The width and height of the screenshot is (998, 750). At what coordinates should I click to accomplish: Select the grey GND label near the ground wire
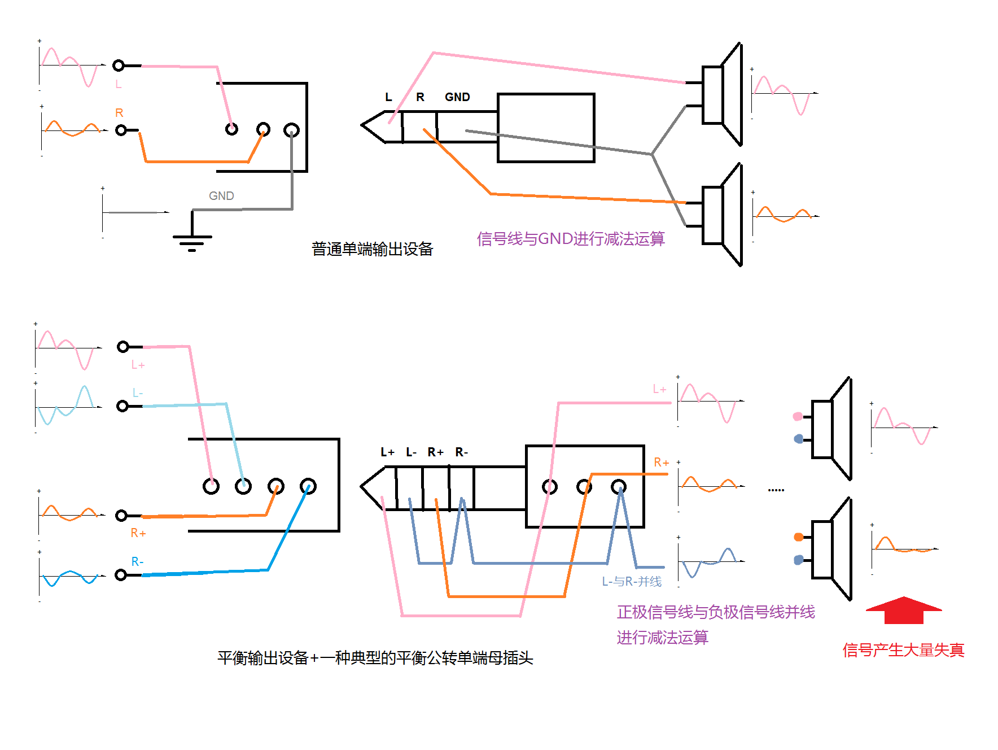[221, 196]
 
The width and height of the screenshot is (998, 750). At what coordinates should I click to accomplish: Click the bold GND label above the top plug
[457, 97]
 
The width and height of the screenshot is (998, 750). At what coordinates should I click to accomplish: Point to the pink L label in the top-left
[119, 84]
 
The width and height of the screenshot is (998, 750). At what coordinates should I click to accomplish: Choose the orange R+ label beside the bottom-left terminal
[138, 533]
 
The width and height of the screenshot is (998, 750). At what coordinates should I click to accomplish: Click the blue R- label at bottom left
[137, 562]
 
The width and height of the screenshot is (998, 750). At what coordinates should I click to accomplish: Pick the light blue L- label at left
[138, 393]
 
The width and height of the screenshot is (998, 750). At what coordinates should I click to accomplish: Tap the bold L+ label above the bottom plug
[387, 452]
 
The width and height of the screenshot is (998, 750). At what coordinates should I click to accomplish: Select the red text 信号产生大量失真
[903, 650]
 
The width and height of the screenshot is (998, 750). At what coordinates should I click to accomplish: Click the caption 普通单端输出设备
[372, 249]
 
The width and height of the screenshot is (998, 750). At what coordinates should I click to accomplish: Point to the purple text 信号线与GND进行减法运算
[571, 239]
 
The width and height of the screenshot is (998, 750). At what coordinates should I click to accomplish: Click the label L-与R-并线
[632, 582]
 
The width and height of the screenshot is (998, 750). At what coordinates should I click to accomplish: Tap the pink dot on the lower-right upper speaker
[798, 417]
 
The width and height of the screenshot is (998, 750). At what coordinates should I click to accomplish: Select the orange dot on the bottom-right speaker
[798, 537]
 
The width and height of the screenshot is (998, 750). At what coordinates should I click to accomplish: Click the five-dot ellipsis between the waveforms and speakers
[776, 490]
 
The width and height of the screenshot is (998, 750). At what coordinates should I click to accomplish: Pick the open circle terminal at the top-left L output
[119, 66]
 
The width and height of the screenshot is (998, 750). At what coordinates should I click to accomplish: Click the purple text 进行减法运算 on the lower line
[662, 638]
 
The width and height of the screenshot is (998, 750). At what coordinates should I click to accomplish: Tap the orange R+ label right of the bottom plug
[661, 463]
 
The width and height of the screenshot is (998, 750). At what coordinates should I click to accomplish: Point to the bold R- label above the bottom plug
[462, 452]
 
